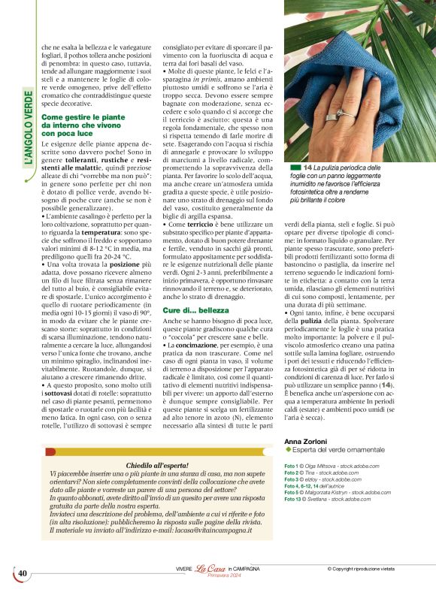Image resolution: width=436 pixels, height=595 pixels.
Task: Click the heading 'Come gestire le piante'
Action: [x=83, y=117]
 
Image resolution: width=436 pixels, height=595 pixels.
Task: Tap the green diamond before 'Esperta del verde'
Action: [x=288, y=449]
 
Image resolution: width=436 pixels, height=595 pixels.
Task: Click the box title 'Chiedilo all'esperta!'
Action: [x=161, y=466]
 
